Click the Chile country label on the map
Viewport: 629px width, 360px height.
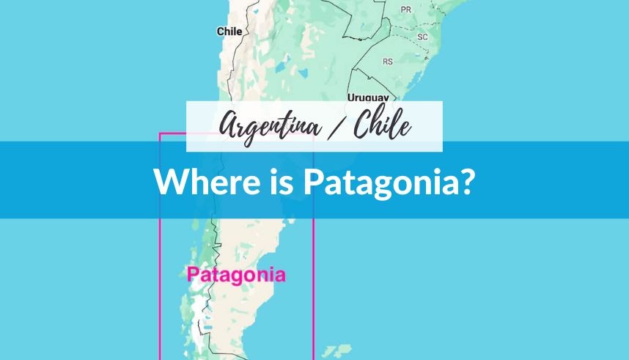tap(229, 32)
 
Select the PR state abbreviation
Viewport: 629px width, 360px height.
tap(405, 10)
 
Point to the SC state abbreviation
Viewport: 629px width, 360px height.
tap(422, 37)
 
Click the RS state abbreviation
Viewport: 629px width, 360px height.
tap(388, 62)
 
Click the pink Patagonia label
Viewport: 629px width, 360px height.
tap(235, 276)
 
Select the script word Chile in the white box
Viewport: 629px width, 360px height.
tap(382, 126)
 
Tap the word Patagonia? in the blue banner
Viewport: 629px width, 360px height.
tap(388, 181)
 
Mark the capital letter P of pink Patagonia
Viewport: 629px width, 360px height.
tap(192, 276)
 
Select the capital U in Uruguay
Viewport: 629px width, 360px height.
tap(351, 98)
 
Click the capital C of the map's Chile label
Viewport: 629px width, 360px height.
tap(220, 32)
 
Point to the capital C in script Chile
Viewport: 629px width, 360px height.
tap(361, 125)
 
